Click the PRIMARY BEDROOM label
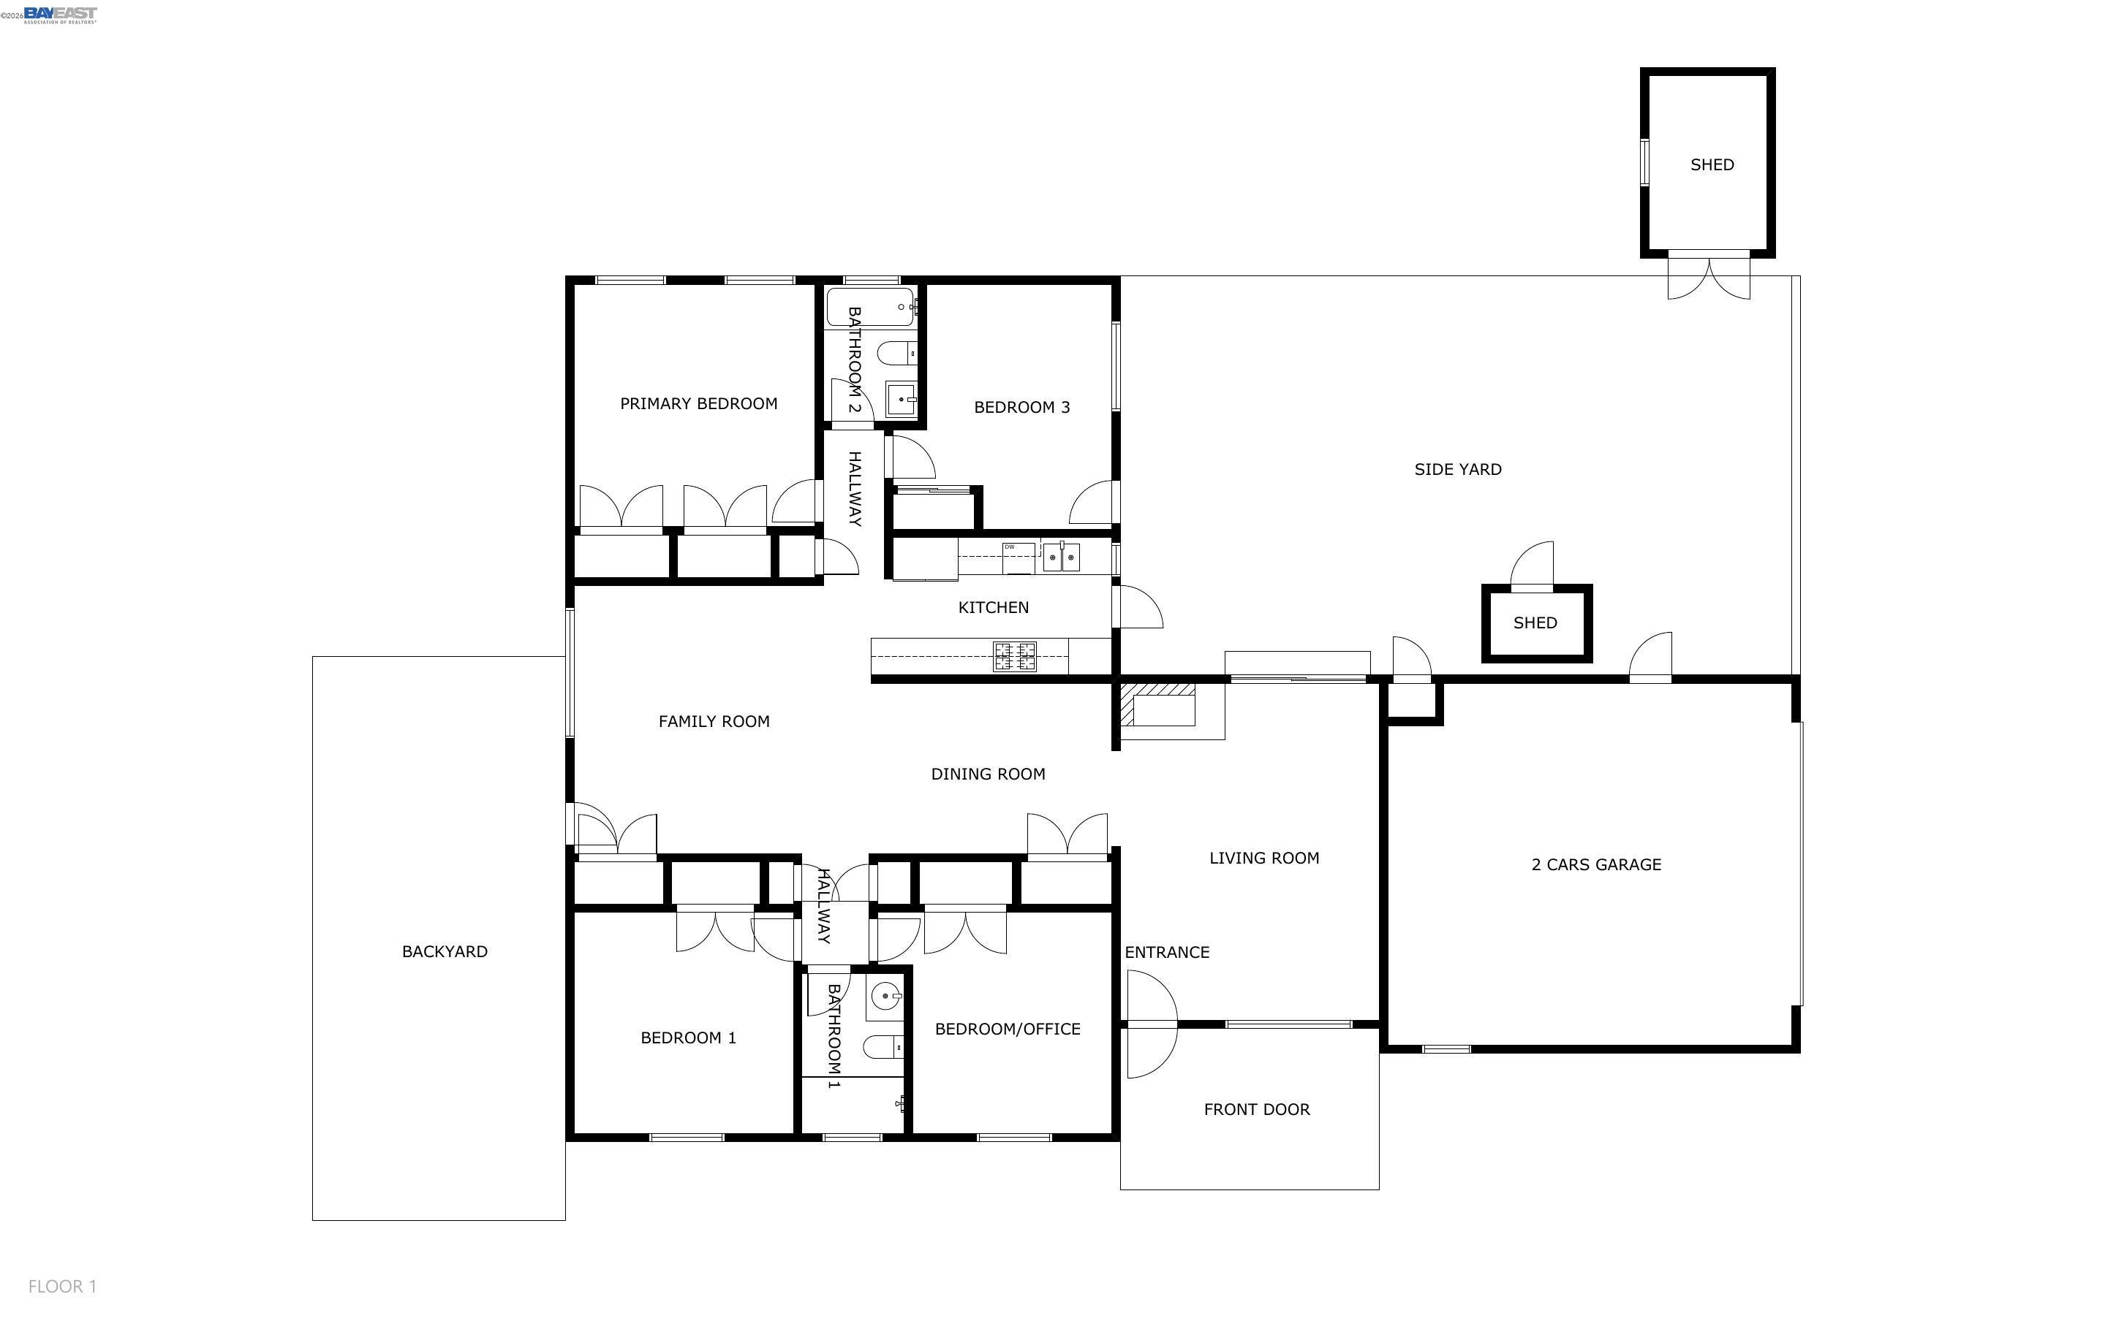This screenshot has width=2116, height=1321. coord(698,403)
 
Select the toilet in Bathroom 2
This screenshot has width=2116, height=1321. coord(896,354)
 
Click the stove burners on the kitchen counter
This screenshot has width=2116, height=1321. coord(1015,656)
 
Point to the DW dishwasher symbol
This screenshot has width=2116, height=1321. coord(1017,557)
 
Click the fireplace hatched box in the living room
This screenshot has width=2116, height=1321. coord(1158,704)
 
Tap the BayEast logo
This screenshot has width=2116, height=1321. coord(59,15)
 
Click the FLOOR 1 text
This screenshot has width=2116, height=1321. coord(62,1286)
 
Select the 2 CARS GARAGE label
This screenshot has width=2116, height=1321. coord(1596,865)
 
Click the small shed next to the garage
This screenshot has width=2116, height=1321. coord(1535,623)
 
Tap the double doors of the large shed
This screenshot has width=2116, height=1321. coord(1709,276)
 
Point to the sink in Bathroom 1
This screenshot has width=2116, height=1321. coord(885,995)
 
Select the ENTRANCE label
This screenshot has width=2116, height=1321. coord(1167,952)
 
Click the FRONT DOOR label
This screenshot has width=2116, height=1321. coord(1256,1110)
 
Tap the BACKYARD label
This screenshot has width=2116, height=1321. coord(444,951)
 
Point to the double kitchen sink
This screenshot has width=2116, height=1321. coord(1062,557)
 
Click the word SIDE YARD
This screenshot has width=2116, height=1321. coord(1457,469)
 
